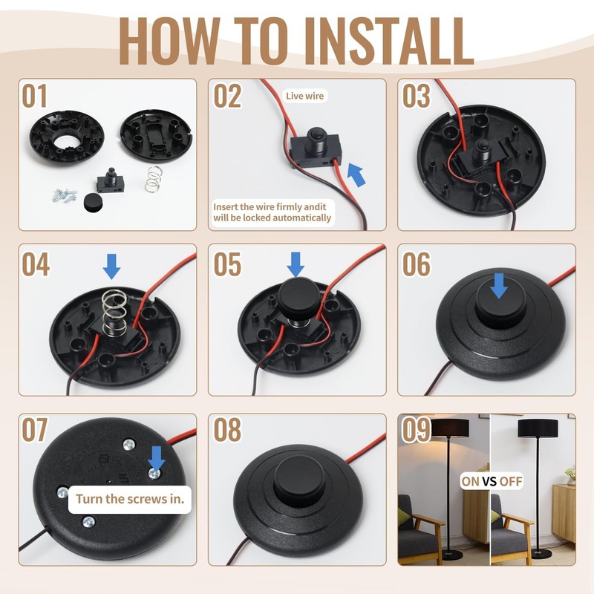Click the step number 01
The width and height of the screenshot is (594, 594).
pos(34,97)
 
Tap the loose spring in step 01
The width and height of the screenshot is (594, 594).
pos(153,179)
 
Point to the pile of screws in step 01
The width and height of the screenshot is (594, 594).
pos(65,196)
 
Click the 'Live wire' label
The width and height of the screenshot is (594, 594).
pos(305,96)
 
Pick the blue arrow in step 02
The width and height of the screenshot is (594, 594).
pos(357,174)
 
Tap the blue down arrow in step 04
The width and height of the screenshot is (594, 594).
pos(112,267)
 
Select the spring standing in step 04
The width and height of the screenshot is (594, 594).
pos(114,313)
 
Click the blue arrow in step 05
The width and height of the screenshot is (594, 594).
pos(296,264)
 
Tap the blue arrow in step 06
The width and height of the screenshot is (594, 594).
pos(498,286)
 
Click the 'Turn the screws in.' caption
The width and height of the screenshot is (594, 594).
pos(130,499)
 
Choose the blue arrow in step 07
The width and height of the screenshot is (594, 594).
pos(156,458)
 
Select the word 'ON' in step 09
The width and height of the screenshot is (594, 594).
pos(471,481)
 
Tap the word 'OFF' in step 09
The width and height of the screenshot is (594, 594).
pos(511,481)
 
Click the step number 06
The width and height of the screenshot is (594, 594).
pos(417,264)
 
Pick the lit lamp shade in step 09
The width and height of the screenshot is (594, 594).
pos(450,428)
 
